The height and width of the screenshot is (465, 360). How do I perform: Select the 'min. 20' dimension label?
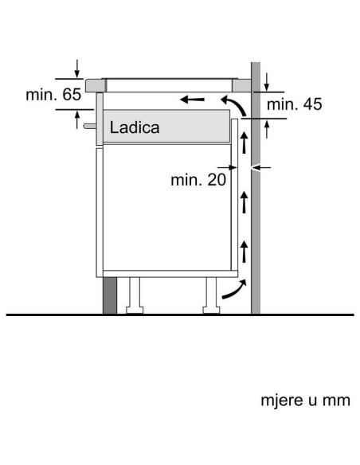tap(198, 180)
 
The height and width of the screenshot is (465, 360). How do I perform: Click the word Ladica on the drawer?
tap(135, 127)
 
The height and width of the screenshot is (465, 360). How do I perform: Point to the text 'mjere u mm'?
tap(305, 400)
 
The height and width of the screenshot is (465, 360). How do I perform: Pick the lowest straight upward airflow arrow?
tap(244, 255)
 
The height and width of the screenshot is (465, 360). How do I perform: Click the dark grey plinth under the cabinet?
tap(108, 295)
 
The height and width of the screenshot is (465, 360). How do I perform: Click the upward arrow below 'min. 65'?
tap(77, 119)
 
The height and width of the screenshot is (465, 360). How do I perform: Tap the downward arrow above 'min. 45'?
tap(268, 81)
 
